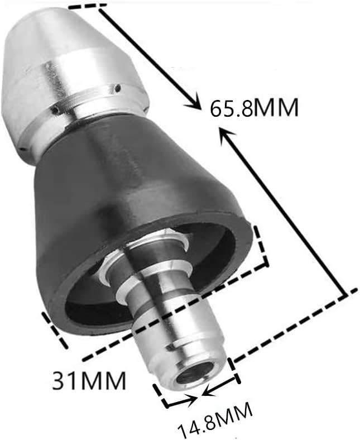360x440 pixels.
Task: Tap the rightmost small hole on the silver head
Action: coord(118,88)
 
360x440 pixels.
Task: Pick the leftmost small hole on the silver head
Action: coord(21,149)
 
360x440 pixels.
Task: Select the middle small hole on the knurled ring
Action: coord(57,109)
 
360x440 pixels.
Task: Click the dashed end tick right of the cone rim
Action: coord(262,246)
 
